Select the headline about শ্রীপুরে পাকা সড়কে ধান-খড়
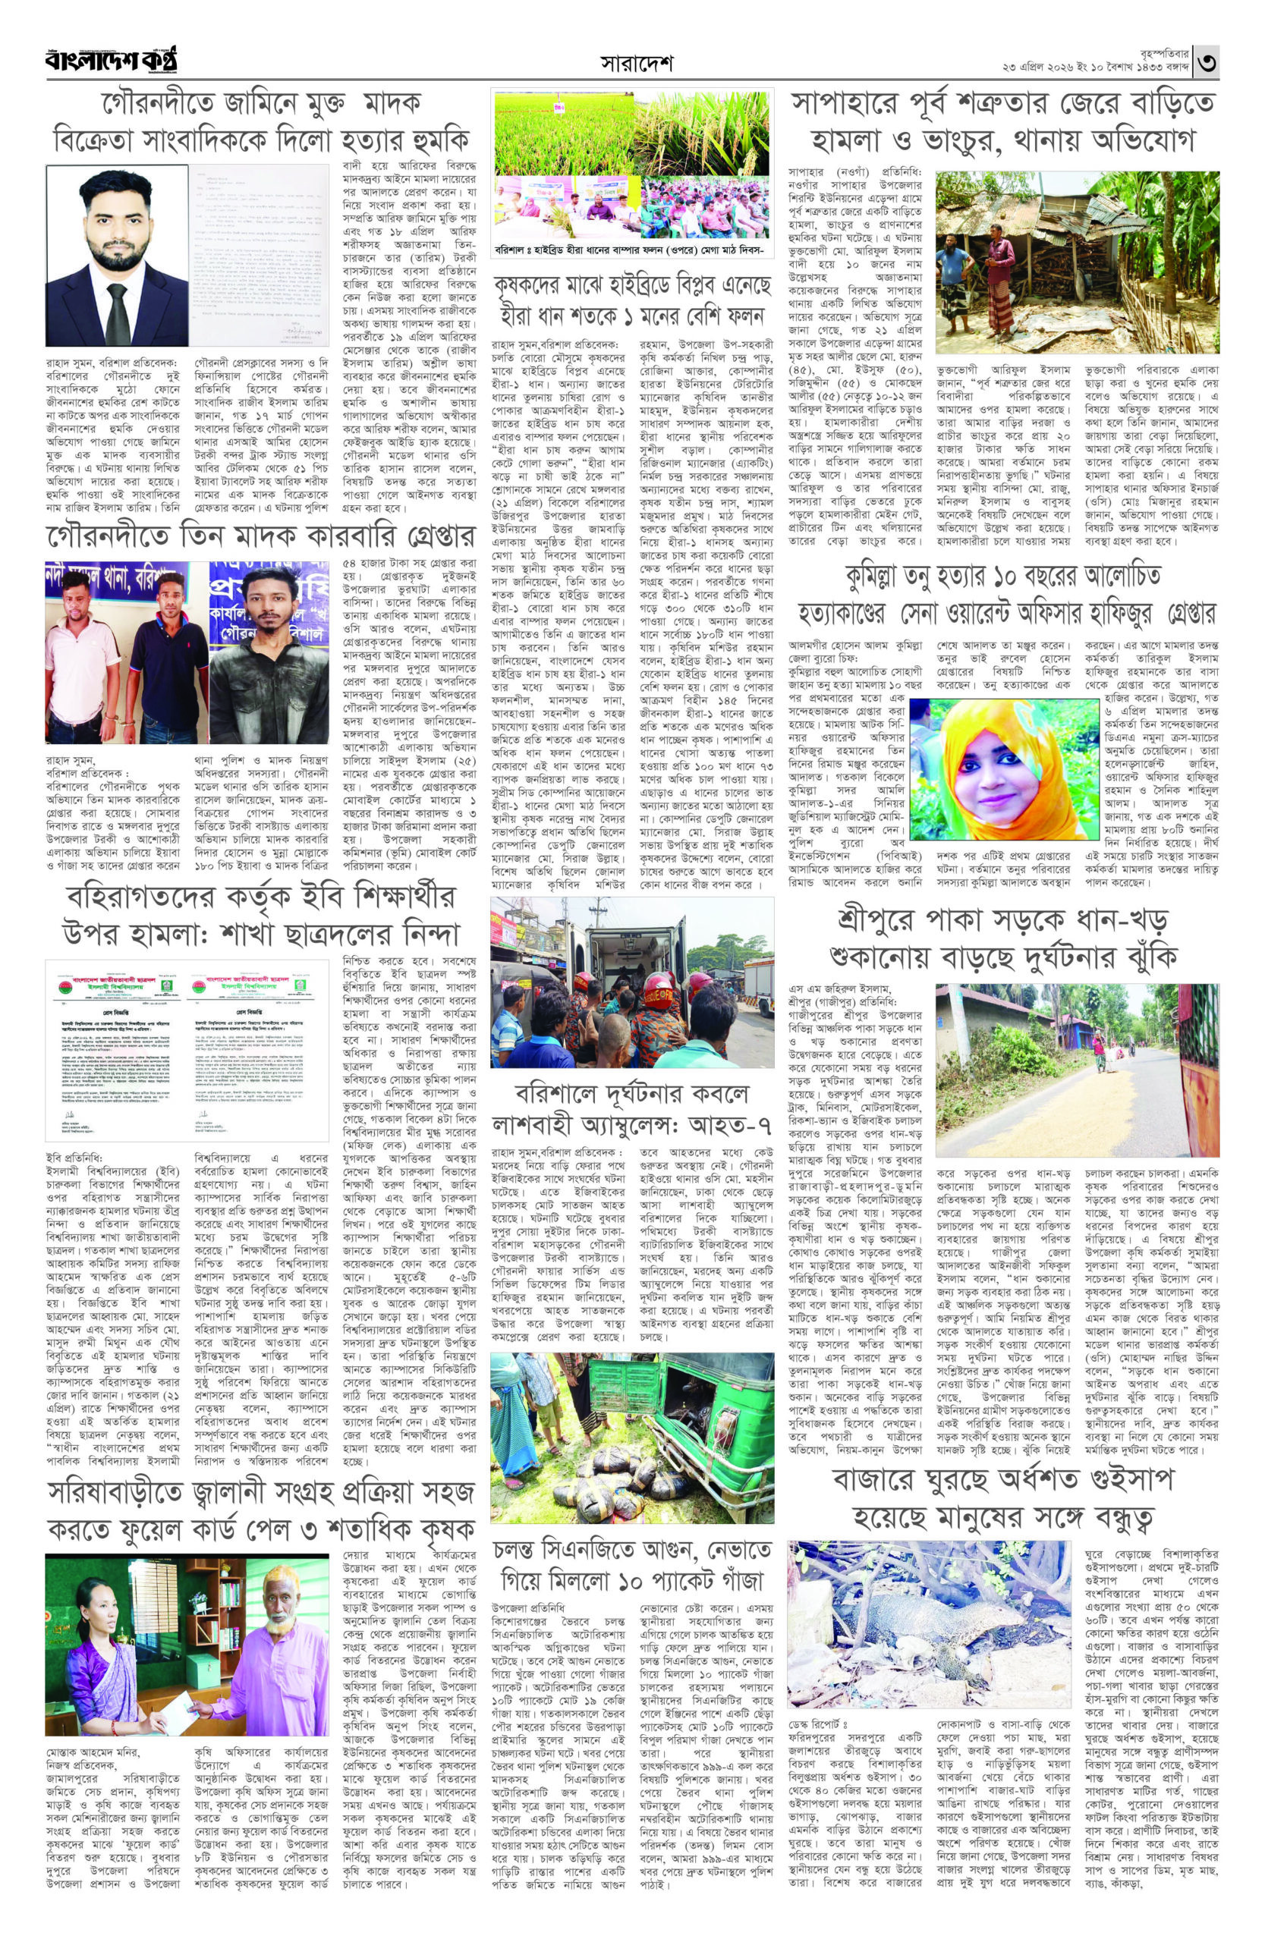[1002, 937]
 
